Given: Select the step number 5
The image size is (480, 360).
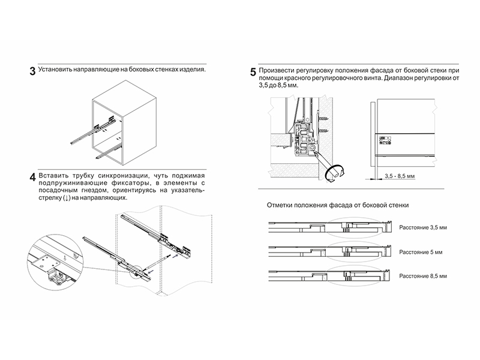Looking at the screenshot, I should [253, 72].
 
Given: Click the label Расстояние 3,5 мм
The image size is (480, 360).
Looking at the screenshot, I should [423, 229].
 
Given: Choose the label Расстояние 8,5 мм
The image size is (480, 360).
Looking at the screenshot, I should [423, 277].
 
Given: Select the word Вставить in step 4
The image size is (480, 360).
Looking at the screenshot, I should [55, 175].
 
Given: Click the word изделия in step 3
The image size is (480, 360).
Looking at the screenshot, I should [191, 69].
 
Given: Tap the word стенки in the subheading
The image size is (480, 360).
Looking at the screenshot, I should [397, 205].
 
